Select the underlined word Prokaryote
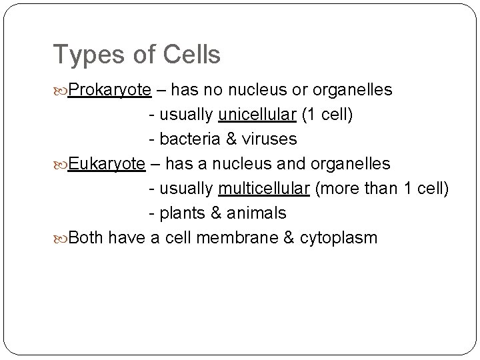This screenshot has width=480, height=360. pos(107,90)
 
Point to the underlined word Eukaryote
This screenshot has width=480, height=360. pos(107,164)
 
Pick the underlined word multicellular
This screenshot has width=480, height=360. pos(263,189)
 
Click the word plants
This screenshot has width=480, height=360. pos(182,213)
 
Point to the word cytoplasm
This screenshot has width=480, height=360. pos(338,238)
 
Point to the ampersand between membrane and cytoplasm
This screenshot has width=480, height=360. pos(288,238)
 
